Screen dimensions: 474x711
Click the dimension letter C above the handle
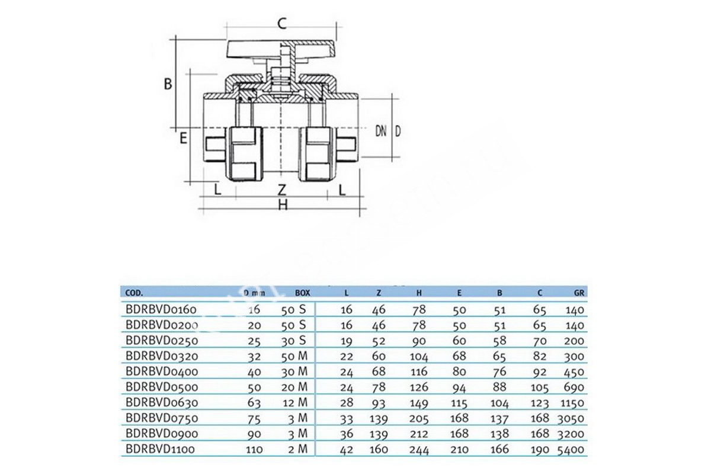[x=283, y=24]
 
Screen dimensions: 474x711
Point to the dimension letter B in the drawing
[x=168, y=84]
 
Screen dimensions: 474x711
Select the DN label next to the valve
[x=380, y=131]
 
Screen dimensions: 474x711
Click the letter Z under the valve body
[x=283, y=190]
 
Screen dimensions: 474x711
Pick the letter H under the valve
[x=283, y=205]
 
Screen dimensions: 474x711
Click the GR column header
[x=580, y=293]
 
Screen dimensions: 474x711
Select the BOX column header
[x=302, y=293]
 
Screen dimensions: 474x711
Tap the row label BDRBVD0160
[x=161, y=309]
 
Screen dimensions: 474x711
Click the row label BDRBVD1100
[x=160, y=450]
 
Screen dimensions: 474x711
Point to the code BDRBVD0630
[x=161, y=403]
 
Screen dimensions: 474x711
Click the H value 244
[x=419, y=450]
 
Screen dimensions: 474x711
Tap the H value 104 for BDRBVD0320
[x=419, y=357]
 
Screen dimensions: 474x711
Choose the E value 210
[x=459, y=450]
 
